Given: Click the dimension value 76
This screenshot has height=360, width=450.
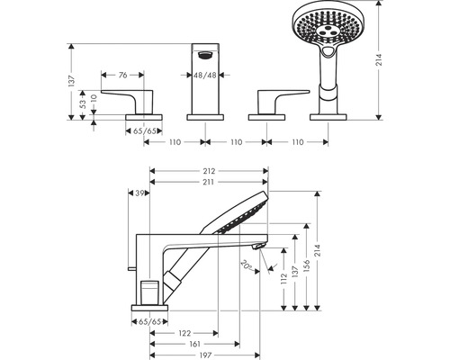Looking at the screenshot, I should point(123,76).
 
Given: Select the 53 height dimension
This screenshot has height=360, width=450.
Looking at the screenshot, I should point(81,105).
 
